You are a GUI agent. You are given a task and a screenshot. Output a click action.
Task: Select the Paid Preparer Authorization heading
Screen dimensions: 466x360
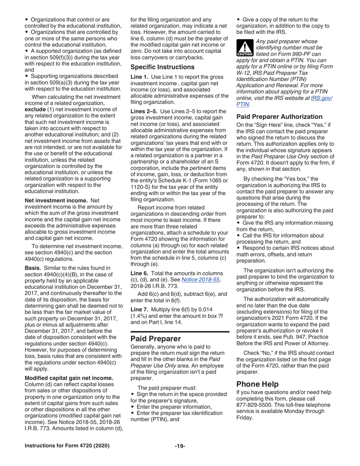tap(279, 116)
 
